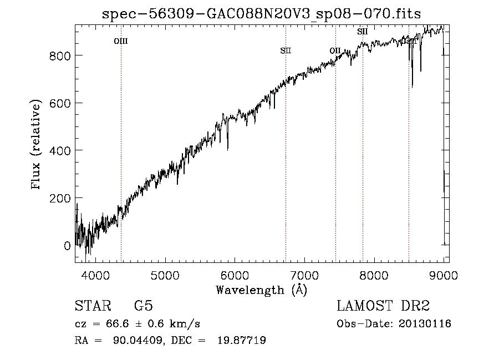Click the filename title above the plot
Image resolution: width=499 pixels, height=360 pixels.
262,14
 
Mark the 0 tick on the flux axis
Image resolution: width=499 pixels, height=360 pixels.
68,245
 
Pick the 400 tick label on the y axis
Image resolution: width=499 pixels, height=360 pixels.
60,150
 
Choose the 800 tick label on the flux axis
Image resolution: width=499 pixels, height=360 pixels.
60,55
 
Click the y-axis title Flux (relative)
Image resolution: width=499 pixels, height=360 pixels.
37,145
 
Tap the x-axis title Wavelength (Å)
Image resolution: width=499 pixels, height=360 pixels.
261,290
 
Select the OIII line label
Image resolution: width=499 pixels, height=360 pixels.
121,41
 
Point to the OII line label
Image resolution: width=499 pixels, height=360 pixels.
335,51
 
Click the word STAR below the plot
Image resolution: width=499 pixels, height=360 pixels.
92,306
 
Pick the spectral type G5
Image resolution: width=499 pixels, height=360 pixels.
143,306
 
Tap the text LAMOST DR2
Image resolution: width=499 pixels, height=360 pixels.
383,306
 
